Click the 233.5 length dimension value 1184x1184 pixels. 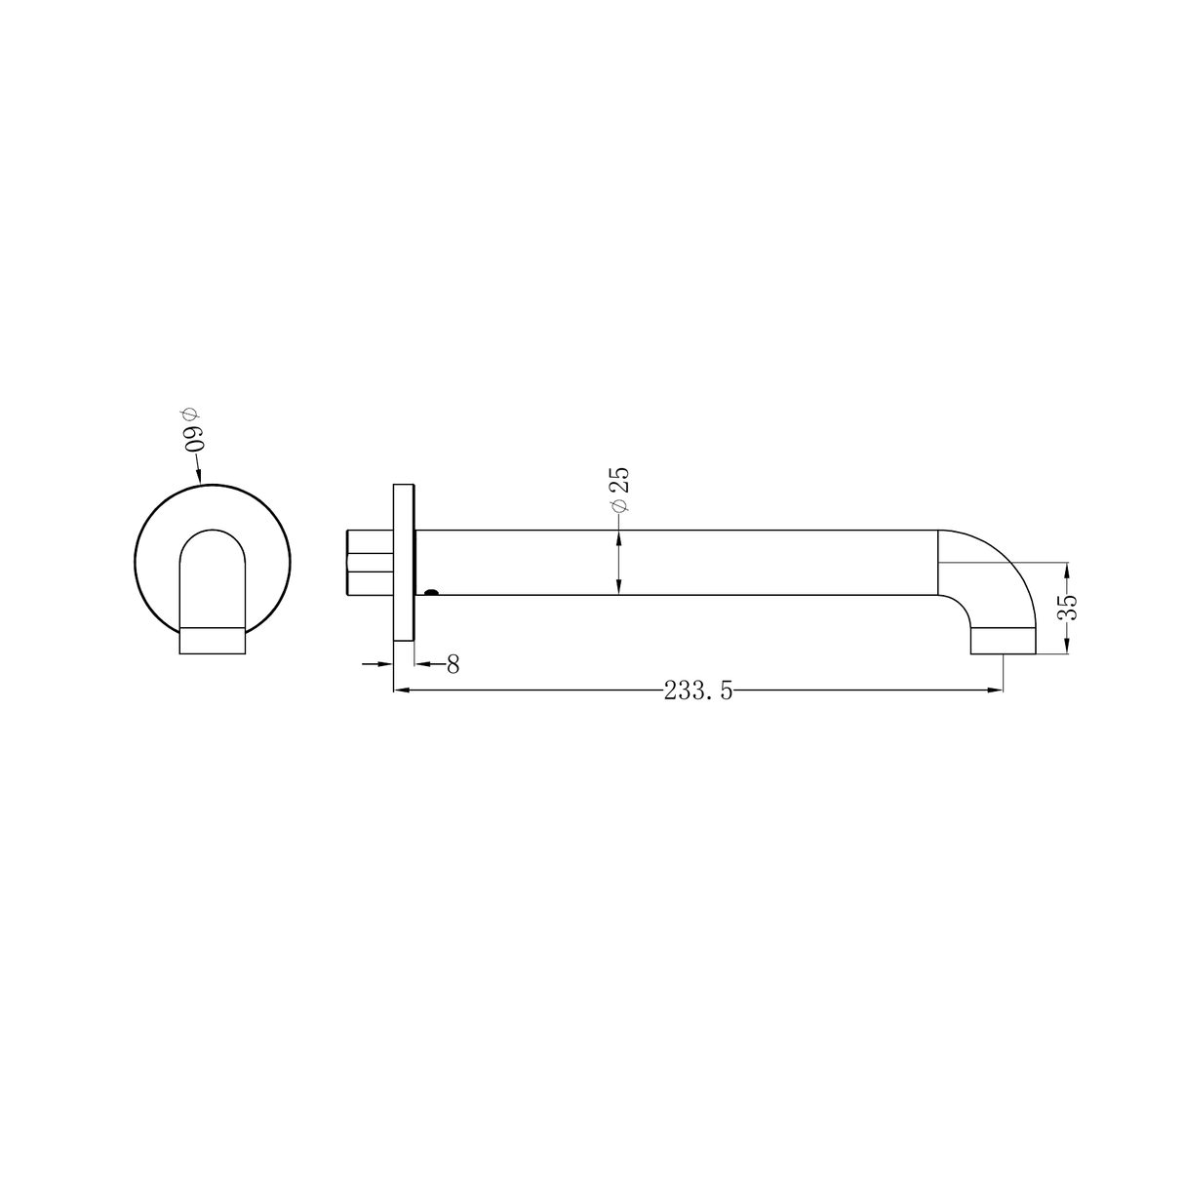698,691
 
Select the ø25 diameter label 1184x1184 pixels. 618,490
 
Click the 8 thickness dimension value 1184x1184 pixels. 453,664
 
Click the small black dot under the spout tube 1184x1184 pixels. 432,590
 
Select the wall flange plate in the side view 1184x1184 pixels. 404,562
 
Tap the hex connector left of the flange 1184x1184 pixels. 370,563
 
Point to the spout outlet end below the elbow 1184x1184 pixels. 1003,642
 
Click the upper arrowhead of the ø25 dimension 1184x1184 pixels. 618,537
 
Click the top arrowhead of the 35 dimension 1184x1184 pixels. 1067,569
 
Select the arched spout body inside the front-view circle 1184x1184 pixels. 212,575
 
